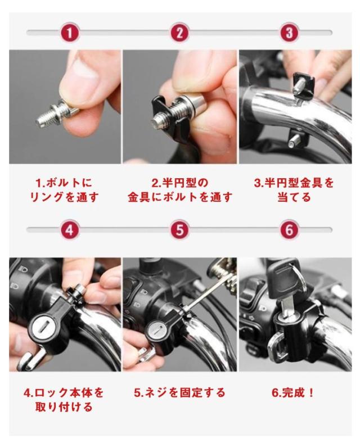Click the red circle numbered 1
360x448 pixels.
click(x=70, y=33)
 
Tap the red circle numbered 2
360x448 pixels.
click(x=179, y=33)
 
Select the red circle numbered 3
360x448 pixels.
click(x=289, y=33)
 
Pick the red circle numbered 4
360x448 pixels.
click(x=70, y=230)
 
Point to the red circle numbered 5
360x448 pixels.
click(x=179, y=230)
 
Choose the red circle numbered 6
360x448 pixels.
click(x=289, y=230)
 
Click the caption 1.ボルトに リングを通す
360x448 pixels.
click(x=64, y=190)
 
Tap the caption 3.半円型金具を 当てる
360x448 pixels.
click(x=294, y=190)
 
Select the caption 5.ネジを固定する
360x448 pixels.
click(x=179, y=393)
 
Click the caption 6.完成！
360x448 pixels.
click(x=293, y=393)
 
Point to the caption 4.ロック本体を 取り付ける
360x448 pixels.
click(x=64, y=400)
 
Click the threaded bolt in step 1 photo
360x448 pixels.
click(x=56, y=114)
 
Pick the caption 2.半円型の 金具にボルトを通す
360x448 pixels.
click(x=179, y=190)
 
